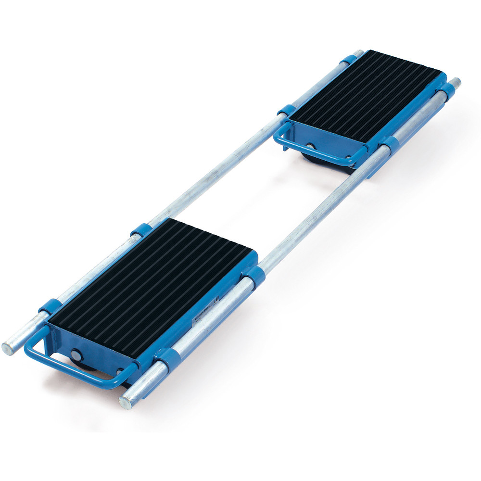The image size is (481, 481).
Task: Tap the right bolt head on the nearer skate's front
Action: pyautogui.click(x=120, y=371)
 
